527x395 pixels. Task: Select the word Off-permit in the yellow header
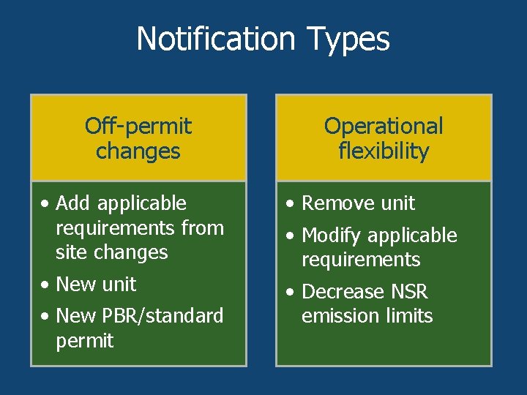point(138,126)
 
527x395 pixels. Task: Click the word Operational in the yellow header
point(384,126)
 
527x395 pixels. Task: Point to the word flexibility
point(384,151)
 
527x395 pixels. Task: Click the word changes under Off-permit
point(138,151)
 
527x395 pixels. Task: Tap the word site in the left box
point(70,252)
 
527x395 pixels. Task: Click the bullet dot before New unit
point(45,285)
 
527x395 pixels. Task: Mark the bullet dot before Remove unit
point(291,204)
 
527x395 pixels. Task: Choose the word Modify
point(332,236)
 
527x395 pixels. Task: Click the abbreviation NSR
point(409,292)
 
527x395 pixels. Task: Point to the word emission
point(334,316)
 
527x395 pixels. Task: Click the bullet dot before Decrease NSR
point(291,293)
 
